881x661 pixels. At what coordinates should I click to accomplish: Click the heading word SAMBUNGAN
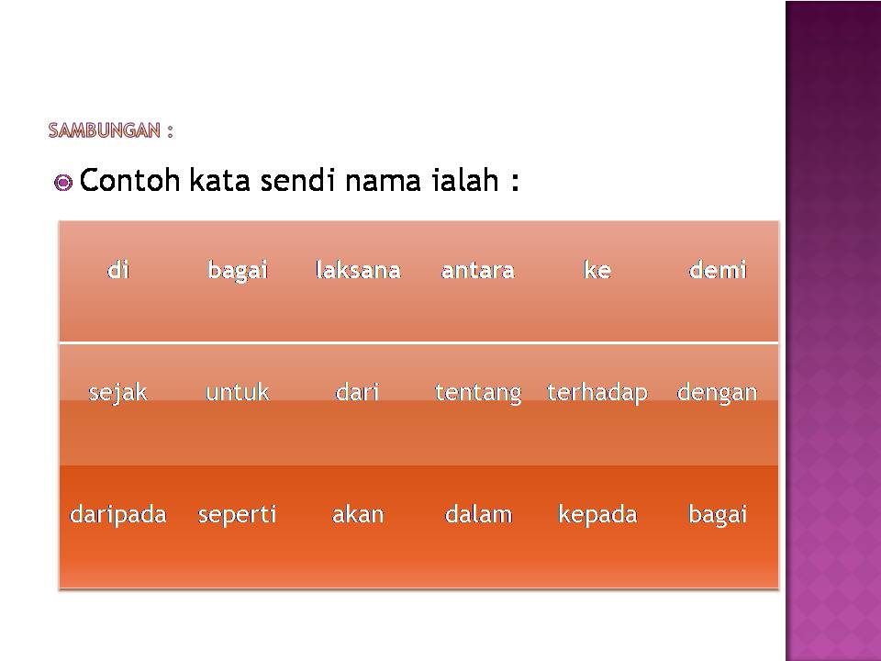point(105,130)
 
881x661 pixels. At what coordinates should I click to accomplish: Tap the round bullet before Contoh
point(63,183)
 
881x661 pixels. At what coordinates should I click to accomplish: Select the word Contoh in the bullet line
point(129,180)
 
